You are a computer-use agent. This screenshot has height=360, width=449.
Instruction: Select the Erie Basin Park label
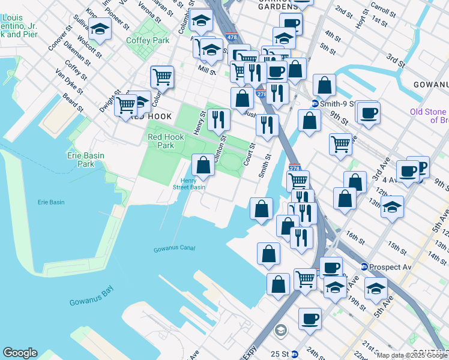point(85,160)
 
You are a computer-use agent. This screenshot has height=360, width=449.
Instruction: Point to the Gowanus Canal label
point(174,248)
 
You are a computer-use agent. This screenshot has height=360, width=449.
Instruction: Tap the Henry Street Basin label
point(193,184)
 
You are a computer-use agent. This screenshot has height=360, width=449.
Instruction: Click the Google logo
point(20,353)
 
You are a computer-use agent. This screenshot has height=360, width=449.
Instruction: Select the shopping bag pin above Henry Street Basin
point(203,164)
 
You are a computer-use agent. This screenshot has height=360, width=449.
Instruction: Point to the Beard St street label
point(73,102)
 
